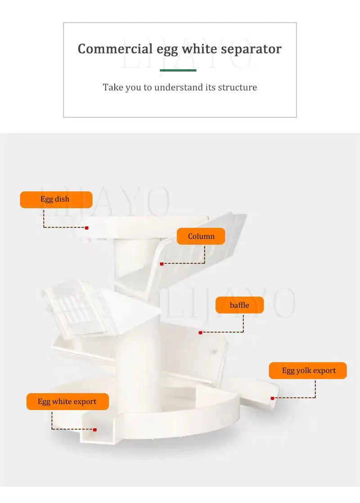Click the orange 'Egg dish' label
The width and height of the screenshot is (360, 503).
point(56,199)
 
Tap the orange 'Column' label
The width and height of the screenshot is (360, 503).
point(201,236)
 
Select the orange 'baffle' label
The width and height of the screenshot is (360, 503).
point(239,305)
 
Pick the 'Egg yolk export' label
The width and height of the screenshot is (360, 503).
point(308,371)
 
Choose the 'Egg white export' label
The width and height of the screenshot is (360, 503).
point(67,401)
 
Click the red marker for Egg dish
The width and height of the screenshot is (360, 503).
point(86,228)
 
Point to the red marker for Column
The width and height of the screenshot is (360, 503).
point(162,264)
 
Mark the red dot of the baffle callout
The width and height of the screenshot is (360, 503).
point(200,332)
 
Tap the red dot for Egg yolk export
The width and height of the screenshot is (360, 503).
point(272,398)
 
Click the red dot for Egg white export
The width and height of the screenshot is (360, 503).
point(94,430)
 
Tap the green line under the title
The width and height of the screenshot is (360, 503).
point(178,70)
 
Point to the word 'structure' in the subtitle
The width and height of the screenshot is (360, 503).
point(237,87)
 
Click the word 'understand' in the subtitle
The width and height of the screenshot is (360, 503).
point(179,87)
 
